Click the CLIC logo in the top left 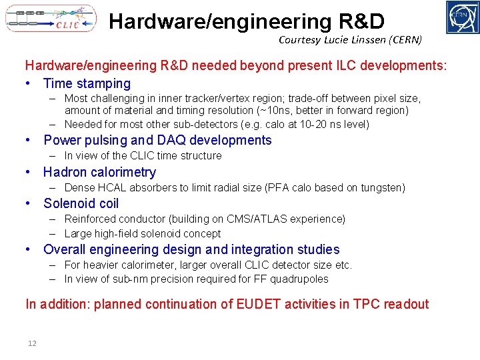point(51,19)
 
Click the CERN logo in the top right point(463,17)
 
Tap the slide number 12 point(32,343)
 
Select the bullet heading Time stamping point(87,83)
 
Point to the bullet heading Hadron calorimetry point(99,172)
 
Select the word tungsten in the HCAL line point(383,188)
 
